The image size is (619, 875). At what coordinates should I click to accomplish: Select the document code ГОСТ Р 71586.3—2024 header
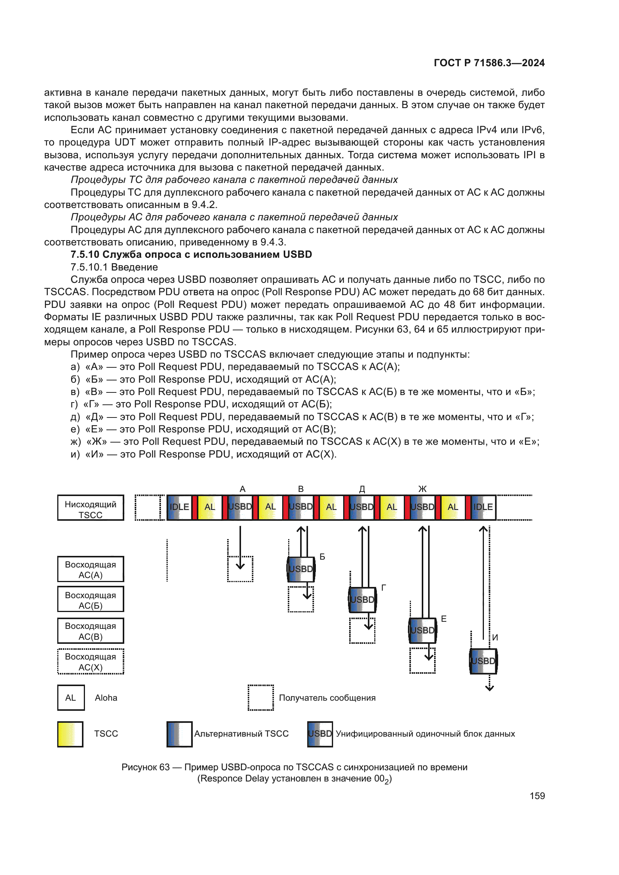tap(489, 63)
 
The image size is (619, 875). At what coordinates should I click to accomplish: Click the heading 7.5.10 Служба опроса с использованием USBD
tap(191, 255)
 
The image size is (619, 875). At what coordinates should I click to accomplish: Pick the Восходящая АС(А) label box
tap(91, 569)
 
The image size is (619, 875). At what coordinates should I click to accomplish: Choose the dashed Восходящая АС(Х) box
tap(91, 662)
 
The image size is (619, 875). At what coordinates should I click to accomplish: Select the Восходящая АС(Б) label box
tap(91, 600)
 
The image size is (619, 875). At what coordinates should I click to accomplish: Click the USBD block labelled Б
tap(301, 569)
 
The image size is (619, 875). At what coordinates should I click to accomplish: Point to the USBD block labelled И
tap(483, 661)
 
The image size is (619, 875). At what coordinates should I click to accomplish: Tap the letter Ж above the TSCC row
tap(422, 489)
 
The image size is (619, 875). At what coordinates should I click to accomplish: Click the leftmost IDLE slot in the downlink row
tap(179, 507)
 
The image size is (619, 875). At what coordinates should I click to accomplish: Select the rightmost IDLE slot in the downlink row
tap(483, 507)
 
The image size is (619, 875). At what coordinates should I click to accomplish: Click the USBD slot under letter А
tap(240, 507)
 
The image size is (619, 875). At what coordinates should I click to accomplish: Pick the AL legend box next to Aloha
tap(71, 698)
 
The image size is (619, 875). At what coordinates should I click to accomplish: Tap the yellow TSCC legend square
tap(70, 734)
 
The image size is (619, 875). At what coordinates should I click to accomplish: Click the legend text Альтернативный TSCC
tap(241, 734)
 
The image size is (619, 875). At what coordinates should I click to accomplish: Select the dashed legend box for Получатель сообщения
tap(261, 698)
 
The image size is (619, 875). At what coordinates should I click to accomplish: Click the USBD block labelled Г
tap(362, 600)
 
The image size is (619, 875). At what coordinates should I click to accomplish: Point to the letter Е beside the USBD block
tap(444, 619)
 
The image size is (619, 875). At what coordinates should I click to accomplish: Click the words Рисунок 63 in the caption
tap(145, 767)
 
